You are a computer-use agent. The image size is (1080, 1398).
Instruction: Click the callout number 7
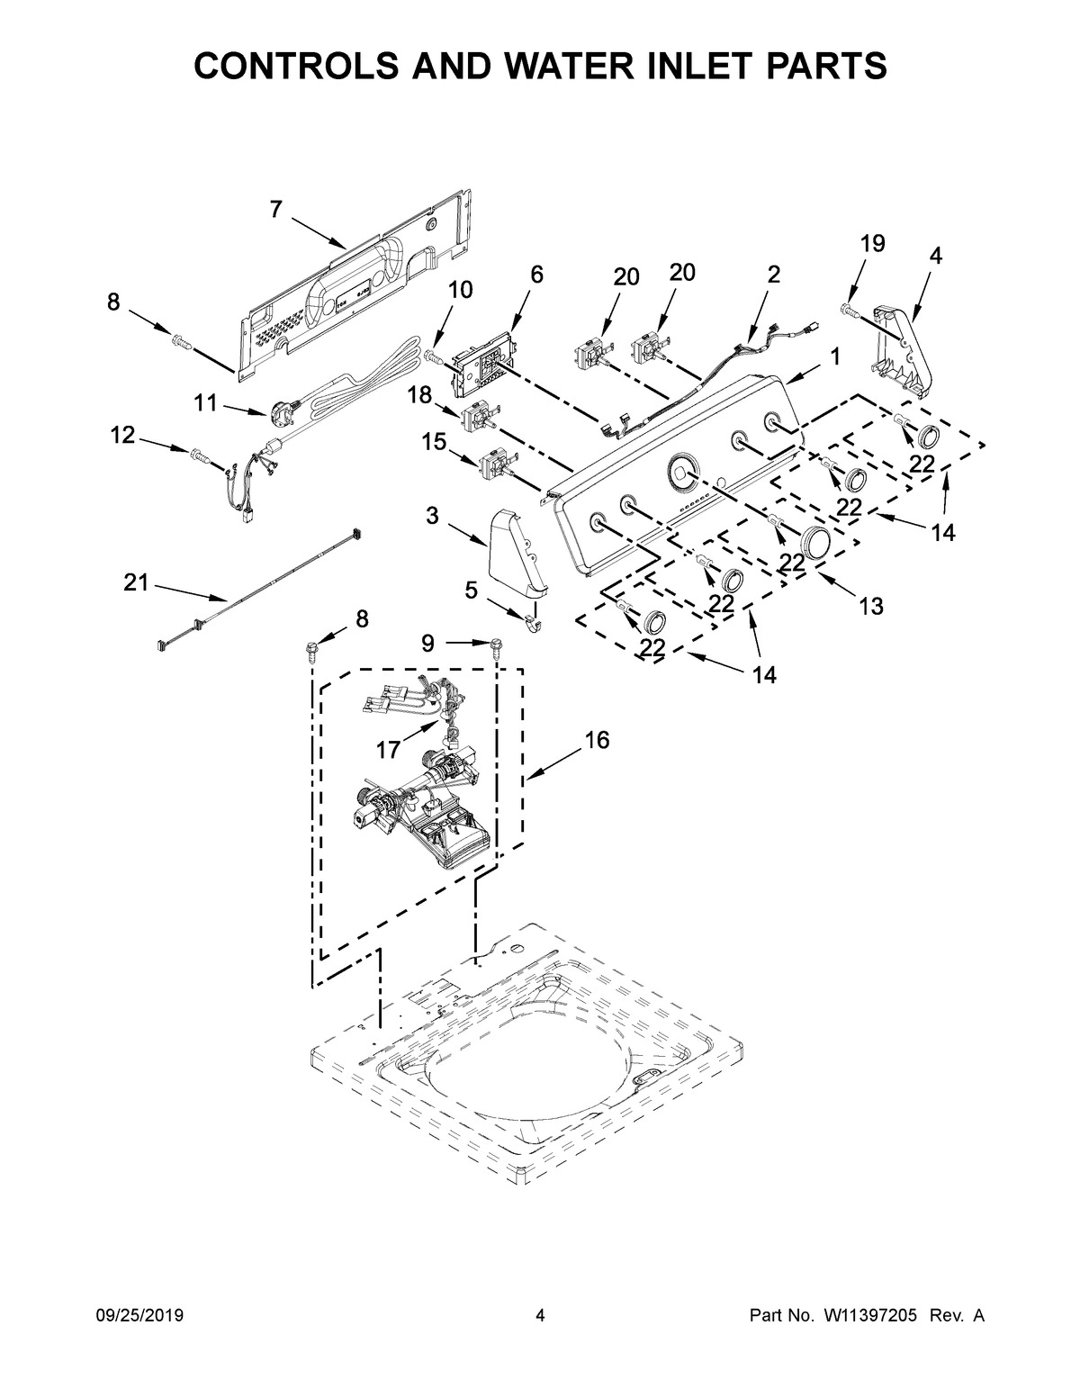click(x=275, y=210)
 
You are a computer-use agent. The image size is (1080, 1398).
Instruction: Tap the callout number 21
click(x=136, y=583)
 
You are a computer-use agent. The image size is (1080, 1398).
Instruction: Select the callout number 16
click(x=597, y=740)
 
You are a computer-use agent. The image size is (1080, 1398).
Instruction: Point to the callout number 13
click(x=870, y=606)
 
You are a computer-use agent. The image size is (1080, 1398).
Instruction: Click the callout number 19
click(x=872, y=243)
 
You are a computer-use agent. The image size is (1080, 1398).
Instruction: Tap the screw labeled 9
click(x=495, y=645)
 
